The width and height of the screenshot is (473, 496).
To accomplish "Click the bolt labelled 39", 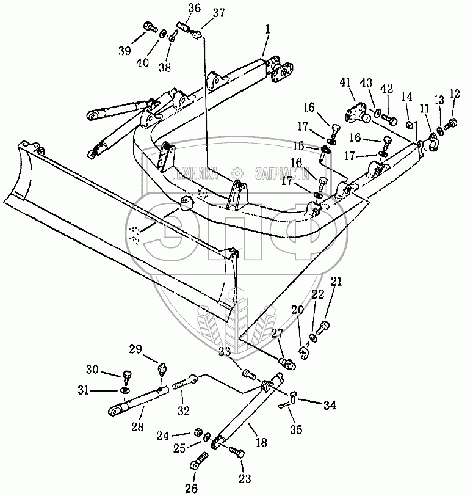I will click(150, 26).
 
